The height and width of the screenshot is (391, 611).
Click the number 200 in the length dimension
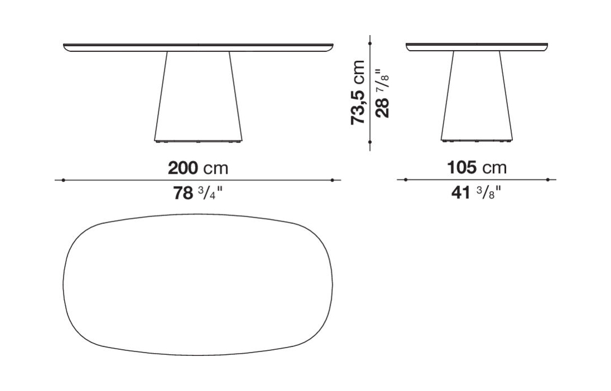pos(183,168)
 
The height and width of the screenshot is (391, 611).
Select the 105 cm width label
pos(477,168)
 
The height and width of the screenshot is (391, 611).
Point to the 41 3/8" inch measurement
pos(476,192)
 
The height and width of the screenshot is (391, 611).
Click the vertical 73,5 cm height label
pos(358,92)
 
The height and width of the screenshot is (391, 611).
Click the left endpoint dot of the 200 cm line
pos(63,180)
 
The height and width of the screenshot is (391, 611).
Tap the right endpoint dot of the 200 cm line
pos(332,180)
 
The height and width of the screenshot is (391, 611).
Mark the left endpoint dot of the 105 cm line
pos(406,179)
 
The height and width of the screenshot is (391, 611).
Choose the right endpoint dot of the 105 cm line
pos(548,179)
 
